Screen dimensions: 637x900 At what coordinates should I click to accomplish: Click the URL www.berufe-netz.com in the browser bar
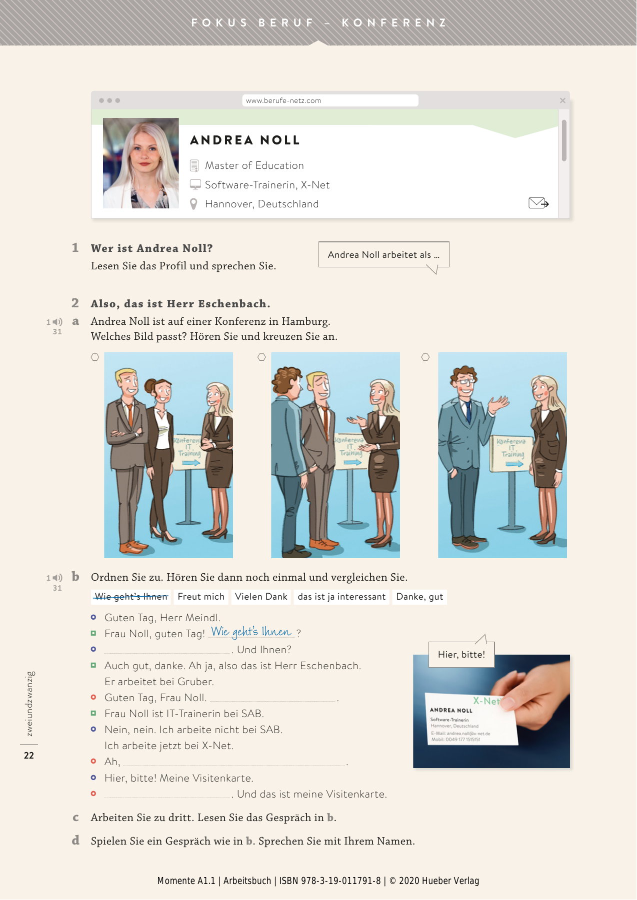(283, 100)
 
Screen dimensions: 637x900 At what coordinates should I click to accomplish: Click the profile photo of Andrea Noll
(141, 163)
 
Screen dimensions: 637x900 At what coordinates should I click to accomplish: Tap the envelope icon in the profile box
(538, 203)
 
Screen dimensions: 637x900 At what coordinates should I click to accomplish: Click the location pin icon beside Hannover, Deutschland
(194, 204)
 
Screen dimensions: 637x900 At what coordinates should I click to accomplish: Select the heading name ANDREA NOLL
(245, 140)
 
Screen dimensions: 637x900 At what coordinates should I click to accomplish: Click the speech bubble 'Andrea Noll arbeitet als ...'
(383, 255)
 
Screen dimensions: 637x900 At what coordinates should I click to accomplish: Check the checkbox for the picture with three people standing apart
(95, 357)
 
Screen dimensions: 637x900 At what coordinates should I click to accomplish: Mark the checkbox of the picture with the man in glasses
(425, 357)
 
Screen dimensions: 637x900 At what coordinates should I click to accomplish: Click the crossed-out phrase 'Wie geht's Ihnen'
(131, 597)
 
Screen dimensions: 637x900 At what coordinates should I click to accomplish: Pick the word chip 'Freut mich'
(201, 597)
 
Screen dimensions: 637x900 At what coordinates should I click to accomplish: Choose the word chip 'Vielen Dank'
(261, 597)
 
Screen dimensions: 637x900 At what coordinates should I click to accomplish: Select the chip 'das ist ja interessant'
(341, 597)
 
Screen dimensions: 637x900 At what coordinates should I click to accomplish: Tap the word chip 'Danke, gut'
(419, 597)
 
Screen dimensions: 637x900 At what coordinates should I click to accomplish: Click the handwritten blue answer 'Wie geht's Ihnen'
(251, 632)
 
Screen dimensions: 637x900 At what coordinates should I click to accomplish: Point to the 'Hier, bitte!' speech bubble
(461, 654)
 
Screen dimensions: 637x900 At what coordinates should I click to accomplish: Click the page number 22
(29, 755)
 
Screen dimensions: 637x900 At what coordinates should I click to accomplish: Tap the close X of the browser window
(562, 100)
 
